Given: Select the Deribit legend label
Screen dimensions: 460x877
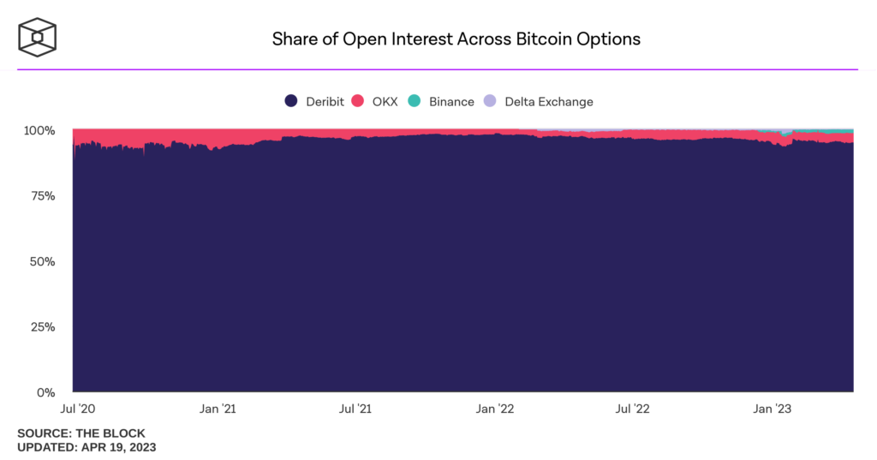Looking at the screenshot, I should [325, 101].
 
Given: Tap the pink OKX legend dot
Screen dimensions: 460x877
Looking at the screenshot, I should [359, 101].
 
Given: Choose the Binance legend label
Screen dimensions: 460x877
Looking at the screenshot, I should [451, 101].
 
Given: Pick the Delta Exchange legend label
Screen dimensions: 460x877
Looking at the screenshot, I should [548, 101].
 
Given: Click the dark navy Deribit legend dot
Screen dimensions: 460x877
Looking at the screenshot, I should [291, 101].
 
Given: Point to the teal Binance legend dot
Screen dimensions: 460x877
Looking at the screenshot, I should [415, 101].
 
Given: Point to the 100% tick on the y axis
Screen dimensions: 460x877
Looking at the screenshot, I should [39, 131].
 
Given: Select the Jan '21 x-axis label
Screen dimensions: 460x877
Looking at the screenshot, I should [218, 409].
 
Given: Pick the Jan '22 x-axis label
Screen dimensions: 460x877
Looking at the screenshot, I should [496, 409].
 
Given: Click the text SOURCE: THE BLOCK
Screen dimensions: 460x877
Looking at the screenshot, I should [81, 433].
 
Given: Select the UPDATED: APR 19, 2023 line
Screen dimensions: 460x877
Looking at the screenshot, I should [87, 447].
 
